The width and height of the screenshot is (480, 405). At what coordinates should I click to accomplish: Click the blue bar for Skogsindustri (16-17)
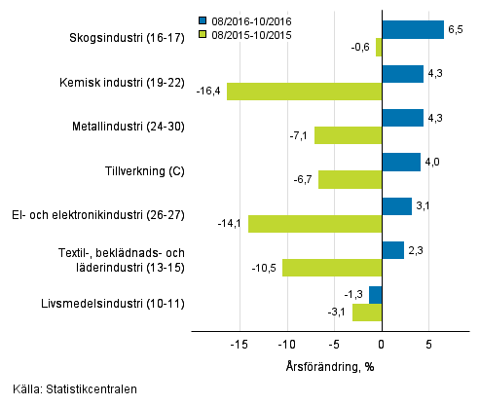(412, 29)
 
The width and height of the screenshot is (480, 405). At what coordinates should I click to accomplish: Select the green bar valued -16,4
(304, 92)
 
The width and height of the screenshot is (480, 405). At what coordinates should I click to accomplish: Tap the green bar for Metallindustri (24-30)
(348, 135)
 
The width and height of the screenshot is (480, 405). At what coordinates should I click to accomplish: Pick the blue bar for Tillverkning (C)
(400, 162)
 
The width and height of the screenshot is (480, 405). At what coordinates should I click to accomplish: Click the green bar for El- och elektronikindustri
(314, 224)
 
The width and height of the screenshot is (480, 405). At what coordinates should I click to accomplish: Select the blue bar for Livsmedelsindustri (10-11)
(375, 295)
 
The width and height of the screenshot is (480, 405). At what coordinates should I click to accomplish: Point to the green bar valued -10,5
(331, 268)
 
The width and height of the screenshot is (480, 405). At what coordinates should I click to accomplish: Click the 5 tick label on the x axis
(428, 345)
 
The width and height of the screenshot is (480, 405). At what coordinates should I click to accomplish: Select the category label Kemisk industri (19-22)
(128, 83)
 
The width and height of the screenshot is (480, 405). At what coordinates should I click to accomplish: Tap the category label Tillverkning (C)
(144, 171)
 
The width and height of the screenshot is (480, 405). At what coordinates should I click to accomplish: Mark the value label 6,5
(454, 30)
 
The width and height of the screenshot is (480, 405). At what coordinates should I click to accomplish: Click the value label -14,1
(231, 224)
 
